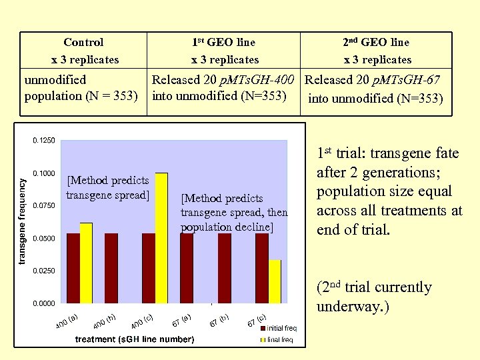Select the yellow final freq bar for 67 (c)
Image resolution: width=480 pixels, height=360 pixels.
(x=275, y=281)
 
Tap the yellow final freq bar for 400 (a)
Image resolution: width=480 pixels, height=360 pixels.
(x=86, y=263)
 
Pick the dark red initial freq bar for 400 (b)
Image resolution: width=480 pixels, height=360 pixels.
(x=111, y=268)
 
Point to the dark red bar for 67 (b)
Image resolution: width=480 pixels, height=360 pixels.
(x=224, y=268)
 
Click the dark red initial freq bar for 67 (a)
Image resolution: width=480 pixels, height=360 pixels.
(x=187, y=268)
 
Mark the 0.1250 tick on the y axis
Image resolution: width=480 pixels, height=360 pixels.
(x=44, y=140)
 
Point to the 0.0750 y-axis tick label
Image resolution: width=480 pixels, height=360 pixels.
(x=44, y=205)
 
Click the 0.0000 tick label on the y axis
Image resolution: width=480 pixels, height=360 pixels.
(x=44, y=303)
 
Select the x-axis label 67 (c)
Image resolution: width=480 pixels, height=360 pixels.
(x=257, y=321)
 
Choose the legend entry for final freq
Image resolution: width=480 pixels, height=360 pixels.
(x=279, y=340)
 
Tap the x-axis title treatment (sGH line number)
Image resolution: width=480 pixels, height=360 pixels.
(x=135, y=340)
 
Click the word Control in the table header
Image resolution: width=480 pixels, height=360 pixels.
(x=83, y=42)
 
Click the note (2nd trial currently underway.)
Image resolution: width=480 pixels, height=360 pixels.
(x=373, y=297)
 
